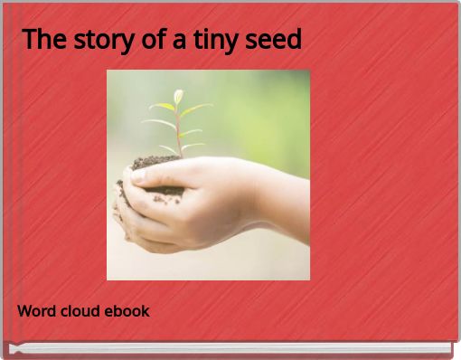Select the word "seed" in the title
(278, 40)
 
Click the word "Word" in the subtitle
(36, 311)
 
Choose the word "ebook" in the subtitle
(127, 311)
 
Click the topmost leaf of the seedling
(178, 95)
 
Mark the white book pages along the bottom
(226, 348)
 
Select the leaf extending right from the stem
(199, 109)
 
